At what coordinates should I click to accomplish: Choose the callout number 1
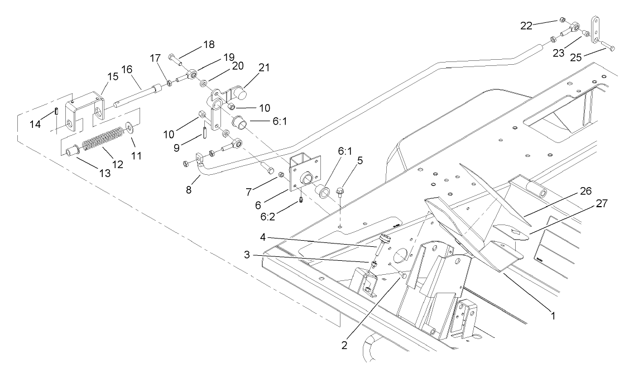pyautogui.click(x=553, y=316)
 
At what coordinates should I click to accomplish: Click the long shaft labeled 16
pyautogui.click(x=134, y=91)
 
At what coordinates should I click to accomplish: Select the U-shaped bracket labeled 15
pyautogui.click(x=87, y=108)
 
